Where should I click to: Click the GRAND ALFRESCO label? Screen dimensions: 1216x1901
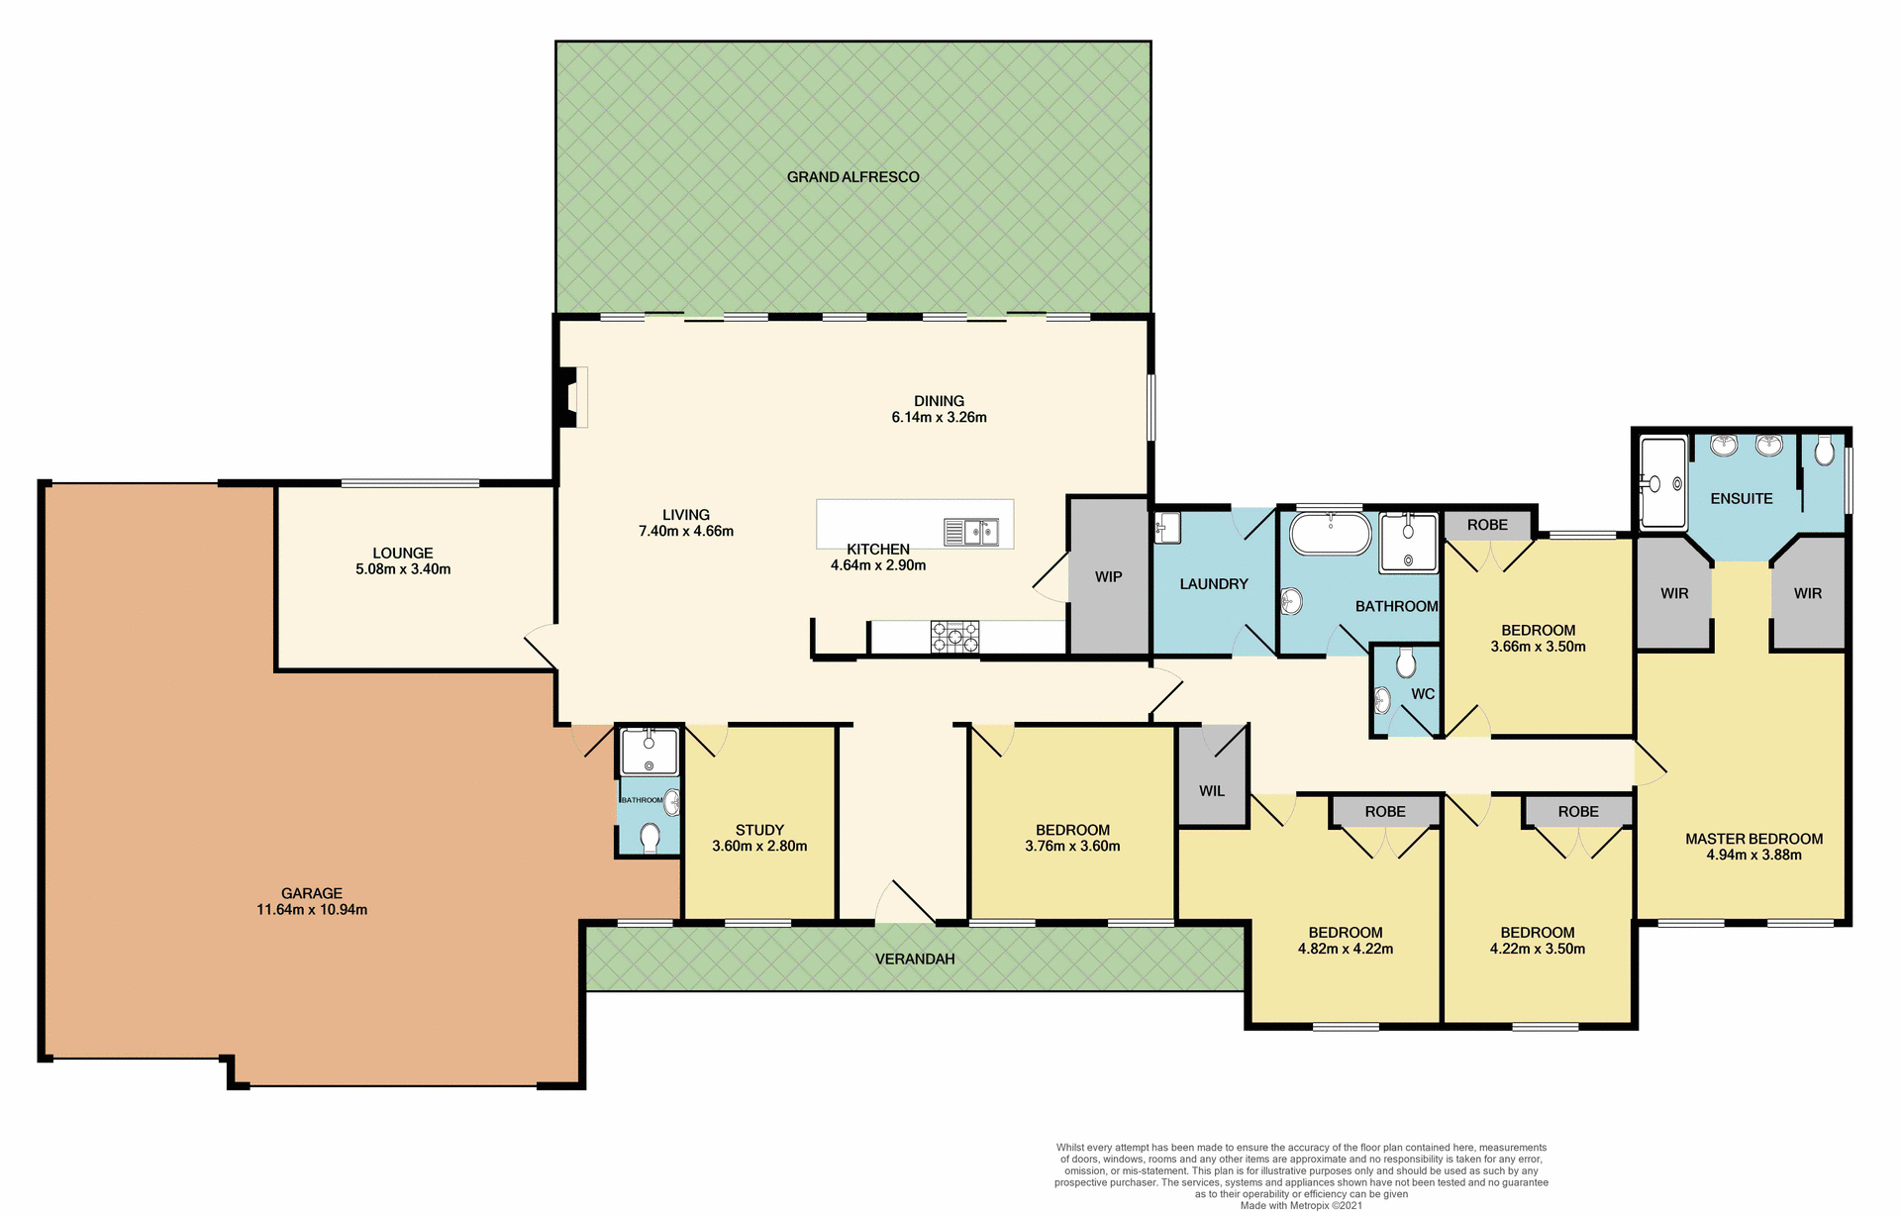click(852, 177)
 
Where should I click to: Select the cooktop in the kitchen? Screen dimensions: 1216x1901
click(954, 637)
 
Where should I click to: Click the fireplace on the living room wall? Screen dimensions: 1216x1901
click(570, 397)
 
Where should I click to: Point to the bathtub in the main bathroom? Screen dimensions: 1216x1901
click(1330, 535)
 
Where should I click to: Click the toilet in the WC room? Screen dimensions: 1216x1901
click(1405, 662)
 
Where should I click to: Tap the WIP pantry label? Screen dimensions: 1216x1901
click(1108, 577)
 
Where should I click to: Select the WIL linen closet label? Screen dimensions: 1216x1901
click(1211, 791)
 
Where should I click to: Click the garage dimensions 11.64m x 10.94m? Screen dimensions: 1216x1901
click(312, 910)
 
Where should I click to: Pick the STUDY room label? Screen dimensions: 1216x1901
click(759, 830)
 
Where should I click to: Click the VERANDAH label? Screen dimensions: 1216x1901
click(915, 959)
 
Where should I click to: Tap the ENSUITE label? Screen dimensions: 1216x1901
click(1741, 499)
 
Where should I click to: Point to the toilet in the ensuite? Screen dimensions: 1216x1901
click(1825, 454)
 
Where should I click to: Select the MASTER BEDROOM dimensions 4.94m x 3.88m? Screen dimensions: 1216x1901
click(1753, 855)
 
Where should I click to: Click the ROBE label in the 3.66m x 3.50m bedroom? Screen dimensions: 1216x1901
click(1487, 525)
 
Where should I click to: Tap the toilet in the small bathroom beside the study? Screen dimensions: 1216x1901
click(650, 838)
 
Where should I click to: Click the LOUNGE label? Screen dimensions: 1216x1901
click(403, 553)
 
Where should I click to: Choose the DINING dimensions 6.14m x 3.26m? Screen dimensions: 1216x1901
click(939, 418)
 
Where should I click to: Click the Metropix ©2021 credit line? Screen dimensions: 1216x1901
click(1301, 1205)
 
